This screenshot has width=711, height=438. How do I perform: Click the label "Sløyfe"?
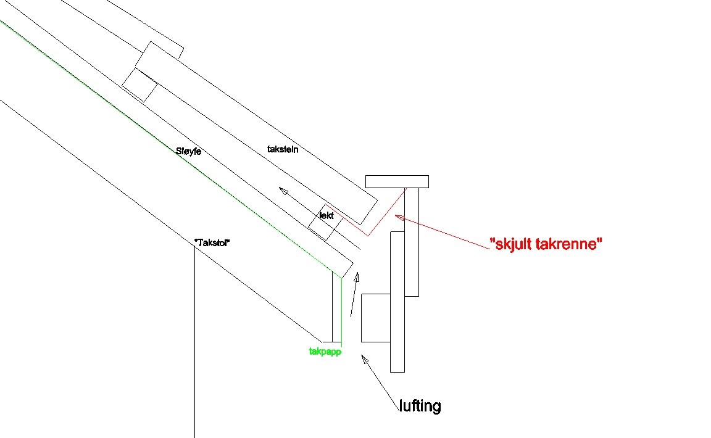pyautogui.click(x=188, y=151)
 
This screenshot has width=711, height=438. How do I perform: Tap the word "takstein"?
pyautogui.click(x=283, y=149)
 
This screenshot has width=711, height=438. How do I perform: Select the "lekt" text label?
pyautogui.click(x=326, y=216)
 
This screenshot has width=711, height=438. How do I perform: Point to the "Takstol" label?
pyautogui.click(x=212, y=243)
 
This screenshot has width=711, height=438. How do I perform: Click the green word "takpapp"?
pyautogui.click(x=325, y=352)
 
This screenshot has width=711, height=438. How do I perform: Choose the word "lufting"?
pyautogui.click(x=419, y=406)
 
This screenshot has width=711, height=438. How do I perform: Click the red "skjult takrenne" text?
pyautogui.click(x=546, y=244)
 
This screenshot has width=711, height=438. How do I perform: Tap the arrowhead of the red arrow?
pyautogui.click(x=398, y=217)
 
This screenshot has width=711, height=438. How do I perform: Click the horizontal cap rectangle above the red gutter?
pyautogui.click(x=397, y=181)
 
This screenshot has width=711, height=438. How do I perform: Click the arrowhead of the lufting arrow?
pyautogui.click(x=364, y=358)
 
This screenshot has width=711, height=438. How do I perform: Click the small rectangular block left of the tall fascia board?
pyautogui.click(x=375, y=318)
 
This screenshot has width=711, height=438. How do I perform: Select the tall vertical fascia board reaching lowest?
pyautogui.click(x=397, y=302)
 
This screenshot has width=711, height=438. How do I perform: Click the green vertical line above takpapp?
pyautogui.click(x=341, y=308)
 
